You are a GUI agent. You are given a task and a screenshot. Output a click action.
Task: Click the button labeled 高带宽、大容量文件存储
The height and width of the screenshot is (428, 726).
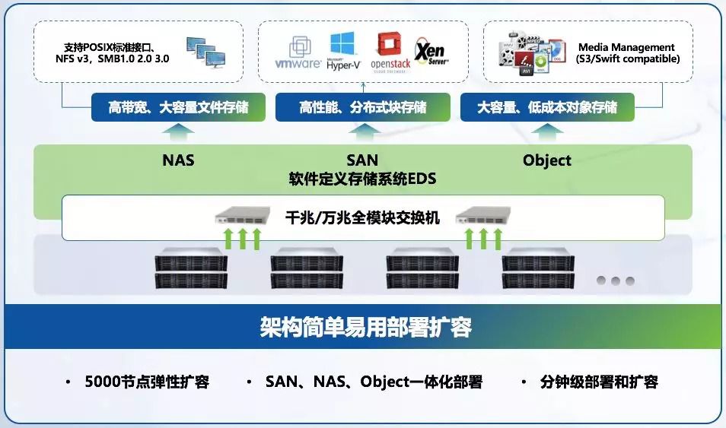178,108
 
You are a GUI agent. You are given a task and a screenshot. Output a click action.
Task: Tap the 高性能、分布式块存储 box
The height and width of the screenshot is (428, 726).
363,108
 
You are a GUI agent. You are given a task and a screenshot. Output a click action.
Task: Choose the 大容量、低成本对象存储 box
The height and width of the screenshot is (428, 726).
547,108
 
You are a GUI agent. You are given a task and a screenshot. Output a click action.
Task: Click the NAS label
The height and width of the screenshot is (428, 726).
178,160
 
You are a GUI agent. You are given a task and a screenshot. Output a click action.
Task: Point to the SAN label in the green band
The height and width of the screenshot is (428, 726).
362,160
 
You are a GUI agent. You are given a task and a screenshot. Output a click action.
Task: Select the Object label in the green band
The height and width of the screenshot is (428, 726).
547,160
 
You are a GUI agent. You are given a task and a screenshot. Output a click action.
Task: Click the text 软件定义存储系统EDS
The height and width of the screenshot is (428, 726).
362,179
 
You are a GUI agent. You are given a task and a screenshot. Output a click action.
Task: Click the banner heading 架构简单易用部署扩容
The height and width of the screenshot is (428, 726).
365,327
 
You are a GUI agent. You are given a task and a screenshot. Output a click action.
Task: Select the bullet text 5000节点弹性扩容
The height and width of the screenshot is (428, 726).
147,382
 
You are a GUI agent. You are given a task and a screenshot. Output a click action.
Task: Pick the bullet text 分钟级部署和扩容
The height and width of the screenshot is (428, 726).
599,382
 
